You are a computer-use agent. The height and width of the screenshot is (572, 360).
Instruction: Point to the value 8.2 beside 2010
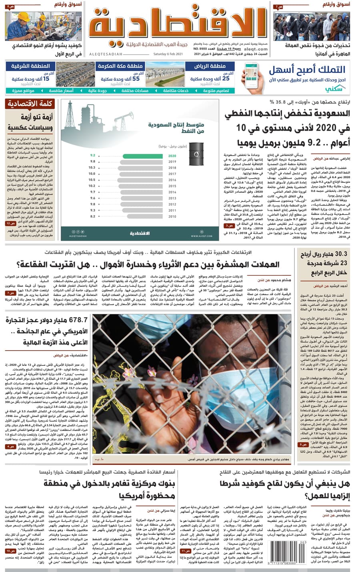coord(92,216)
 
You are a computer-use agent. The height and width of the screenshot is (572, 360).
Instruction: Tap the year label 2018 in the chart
coord(172,168)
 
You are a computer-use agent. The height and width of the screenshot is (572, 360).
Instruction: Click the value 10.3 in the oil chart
coord(92,168)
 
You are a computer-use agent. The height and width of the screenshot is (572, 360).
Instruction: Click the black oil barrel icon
coord(196,152)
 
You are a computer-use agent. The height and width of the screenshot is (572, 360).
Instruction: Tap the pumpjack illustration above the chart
coord(122,118)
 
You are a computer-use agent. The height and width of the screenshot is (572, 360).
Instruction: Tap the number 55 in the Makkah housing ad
coord(136,79)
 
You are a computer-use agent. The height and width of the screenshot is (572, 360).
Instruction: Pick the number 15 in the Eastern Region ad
coord(46,79)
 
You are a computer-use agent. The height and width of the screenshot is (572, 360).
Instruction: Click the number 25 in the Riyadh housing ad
coord(225,79)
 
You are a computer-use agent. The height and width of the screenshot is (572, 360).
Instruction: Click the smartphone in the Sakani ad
coord(253,79)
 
